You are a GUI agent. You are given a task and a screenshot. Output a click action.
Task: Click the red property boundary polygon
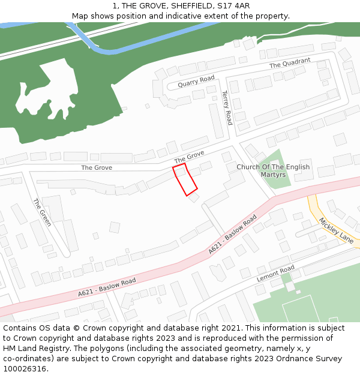pos(185,179)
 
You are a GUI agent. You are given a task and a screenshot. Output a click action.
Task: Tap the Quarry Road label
pos(196,82)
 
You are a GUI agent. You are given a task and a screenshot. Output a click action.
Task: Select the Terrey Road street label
pos(227,107)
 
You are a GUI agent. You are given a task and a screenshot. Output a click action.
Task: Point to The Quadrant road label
pos(290,63)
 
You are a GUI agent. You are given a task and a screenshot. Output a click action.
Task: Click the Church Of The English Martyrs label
pos(273,170)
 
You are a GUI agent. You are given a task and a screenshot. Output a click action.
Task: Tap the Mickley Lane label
pos(336,230)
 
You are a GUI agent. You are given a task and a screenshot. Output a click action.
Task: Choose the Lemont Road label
pos(275,273)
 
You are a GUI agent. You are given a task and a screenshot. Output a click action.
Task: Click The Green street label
pos(42,212)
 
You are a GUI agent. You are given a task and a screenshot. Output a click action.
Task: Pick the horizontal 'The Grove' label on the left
pos(97,167)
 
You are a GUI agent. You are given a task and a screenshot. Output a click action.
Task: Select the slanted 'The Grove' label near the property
pos(189,157)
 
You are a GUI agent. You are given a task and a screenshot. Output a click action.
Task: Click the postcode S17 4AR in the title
pos(235,6)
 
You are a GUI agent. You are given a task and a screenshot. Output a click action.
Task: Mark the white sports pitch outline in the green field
pos(303,309)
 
